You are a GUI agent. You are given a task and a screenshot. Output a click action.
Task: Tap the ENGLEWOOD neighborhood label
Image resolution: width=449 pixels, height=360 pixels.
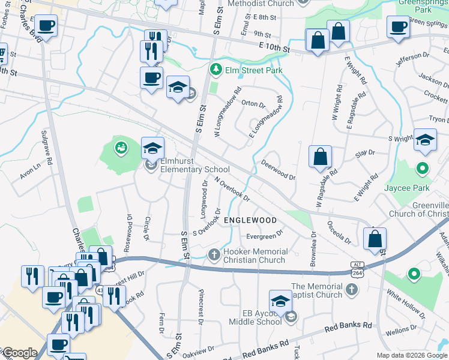tap(250, 220)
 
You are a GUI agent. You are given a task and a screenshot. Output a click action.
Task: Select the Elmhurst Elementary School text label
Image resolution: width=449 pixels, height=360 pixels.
tap(191, 170)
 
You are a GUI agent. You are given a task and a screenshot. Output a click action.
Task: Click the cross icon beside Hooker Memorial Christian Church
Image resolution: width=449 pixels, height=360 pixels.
tap(213, 255)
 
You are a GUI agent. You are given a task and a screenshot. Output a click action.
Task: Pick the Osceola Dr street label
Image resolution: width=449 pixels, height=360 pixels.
tap(339, 232)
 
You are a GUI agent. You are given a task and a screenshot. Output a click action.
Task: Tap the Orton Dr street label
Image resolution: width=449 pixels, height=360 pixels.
tap(253, 103)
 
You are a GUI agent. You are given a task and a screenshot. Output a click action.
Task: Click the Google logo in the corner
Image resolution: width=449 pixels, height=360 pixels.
tap(19, 353)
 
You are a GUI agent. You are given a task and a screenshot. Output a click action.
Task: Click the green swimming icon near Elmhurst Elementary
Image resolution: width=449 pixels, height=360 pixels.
tap(121, 147)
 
